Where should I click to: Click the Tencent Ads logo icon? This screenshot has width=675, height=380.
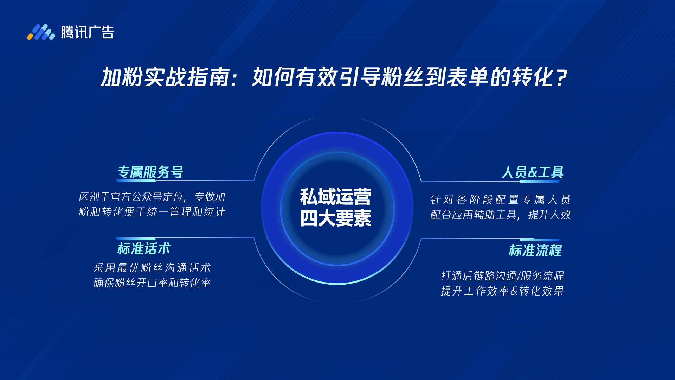41,32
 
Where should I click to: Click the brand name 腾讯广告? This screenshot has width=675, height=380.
88,32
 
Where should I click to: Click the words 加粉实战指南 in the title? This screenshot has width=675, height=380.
165,77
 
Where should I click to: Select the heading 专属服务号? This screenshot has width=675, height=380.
150,172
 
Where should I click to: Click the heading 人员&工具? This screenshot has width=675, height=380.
532,172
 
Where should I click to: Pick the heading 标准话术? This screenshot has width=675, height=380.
144,249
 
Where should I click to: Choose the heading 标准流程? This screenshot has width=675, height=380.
535,251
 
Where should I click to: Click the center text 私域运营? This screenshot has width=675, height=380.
336,197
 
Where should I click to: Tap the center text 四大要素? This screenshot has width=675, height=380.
336,218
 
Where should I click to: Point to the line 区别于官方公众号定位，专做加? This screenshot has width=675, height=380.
152,197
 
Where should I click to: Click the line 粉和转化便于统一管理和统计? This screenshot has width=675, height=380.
152,212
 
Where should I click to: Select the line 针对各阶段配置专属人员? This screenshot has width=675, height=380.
500,199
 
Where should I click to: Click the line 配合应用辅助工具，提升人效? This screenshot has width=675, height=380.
500,215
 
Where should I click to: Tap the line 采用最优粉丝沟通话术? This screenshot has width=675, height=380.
152,268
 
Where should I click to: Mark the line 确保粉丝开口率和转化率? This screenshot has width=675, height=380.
152,283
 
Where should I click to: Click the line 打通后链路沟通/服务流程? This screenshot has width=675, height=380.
502,276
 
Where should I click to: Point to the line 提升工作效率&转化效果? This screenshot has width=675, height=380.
502,291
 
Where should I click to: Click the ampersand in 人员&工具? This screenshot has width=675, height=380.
533,172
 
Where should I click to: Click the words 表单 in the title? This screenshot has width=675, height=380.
467,77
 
